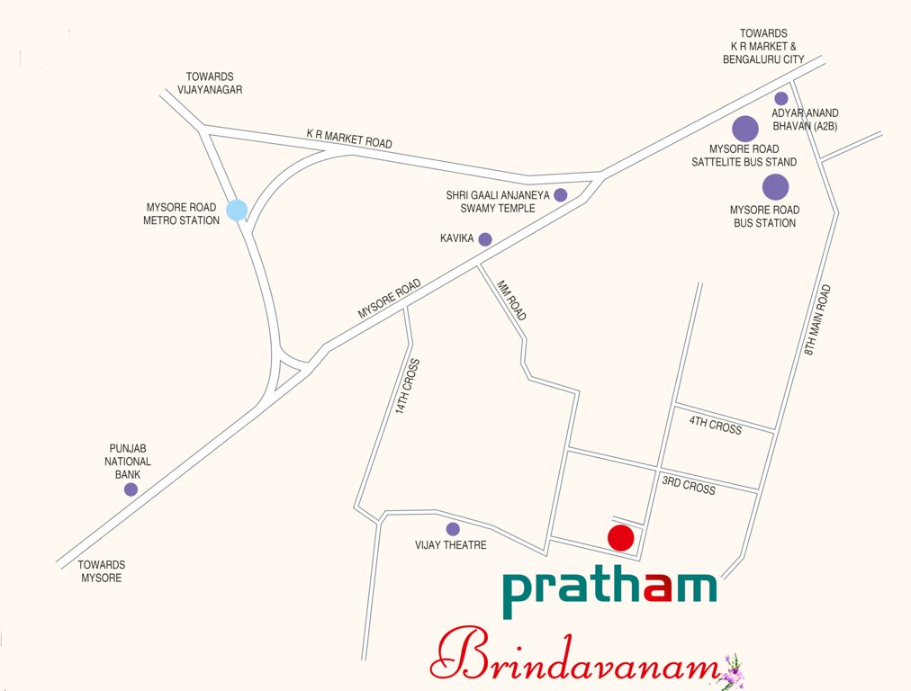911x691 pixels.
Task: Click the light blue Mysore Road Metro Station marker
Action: coord(237,210)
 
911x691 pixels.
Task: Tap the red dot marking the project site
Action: coord(621,538)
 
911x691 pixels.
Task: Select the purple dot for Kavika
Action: coord(485,239)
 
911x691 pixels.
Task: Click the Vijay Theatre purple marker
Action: coord(453,529)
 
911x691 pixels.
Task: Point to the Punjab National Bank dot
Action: coord(131,489)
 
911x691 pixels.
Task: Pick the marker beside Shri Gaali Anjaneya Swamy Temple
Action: coord(560,194)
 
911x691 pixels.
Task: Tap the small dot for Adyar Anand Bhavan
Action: coord(781,98)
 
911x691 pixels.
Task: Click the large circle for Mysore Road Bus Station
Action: coord(775,187)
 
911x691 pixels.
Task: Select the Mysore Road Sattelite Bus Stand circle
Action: coord(744,130)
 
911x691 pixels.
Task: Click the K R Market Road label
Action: coord(349,140)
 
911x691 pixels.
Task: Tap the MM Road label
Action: coord(513,300)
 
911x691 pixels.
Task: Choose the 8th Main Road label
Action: coord(818,319)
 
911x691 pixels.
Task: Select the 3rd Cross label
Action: coord(689,485)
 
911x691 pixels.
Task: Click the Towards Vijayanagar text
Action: coord(214,84)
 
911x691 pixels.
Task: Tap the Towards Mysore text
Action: coord(101,571)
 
